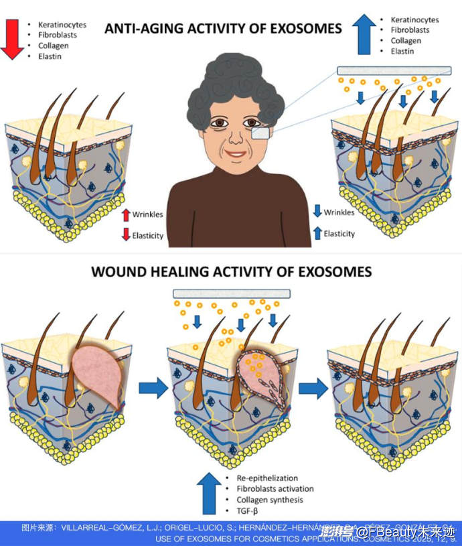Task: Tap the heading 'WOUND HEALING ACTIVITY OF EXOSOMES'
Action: click(x=232, y=272)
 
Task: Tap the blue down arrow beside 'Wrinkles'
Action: click(x=317, y=213)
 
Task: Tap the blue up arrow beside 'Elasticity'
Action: click(x=317, y=233)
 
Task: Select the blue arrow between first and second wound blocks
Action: click(x=153, y=387)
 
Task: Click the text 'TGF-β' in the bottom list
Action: click(x=247, y=512)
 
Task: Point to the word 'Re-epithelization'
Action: click(x=266, y=478)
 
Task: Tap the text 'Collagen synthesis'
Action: click(x=269, y=500)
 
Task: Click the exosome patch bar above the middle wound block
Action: click(x=231, y=293)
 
